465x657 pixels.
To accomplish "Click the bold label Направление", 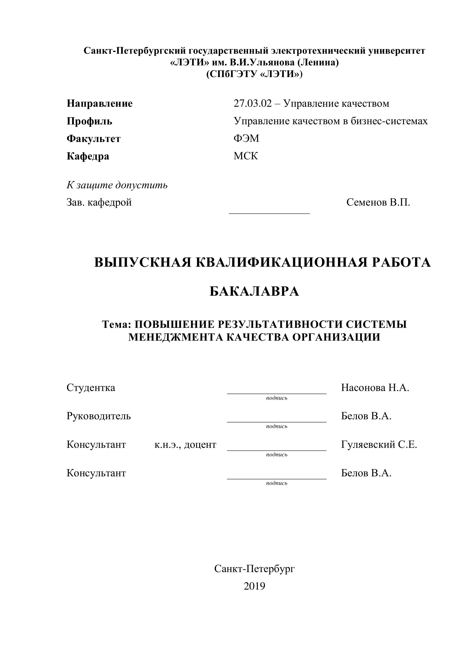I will coord(99,103).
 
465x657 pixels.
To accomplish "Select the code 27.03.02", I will coord(252,103).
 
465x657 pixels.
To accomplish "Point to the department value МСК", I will coord(246,156).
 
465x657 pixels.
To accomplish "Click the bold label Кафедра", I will coord(88,156).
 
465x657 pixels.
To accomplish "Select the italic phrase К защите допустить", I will coord(117,185).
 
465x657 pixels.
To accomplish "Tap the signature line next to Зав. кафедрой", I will coord(269,213).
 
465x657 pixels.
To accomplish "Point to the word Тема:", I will coord(116,324).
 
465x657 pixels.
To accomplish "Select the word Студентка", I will coord(91,388).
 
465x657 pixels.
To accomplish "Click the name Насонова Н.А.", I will coord(375,388).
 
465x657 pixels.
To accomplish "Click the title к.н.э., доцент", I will coord(185,444).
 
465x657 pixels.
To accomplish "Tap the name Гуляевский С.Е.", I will coord(379,444).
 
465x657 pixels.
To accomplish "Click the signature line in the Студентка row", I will coord(276,393).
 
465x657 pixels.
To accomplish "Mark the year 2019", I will coord(254,586).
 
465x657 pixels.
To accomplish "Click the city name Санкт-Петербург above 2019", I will coord(254,569).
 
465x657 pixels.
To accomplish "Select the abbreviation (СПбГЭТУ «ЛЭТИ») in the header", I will coord(254,74).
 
